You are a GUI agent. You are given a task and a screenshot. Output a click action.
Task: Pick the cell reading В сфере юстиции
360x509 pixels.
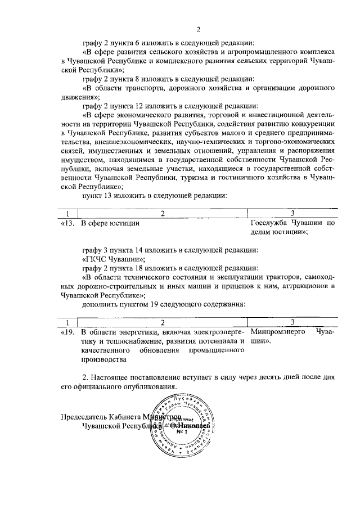[x=110, y=223]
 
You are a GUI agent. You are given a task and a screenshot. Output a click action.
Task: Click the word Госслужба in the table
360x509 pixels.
[x=269, y=223]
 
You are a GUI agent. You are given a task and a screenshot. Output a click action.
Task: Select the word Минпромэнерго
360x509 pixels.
[x=276, y=332]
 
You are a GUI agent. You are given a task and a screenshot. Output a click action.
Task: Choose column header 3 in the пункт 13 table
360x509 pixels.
[x=292, y=213]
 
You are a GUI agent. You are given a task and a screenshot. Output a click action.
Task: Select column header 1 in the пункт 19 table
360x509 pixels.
[x=68, y=322]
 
